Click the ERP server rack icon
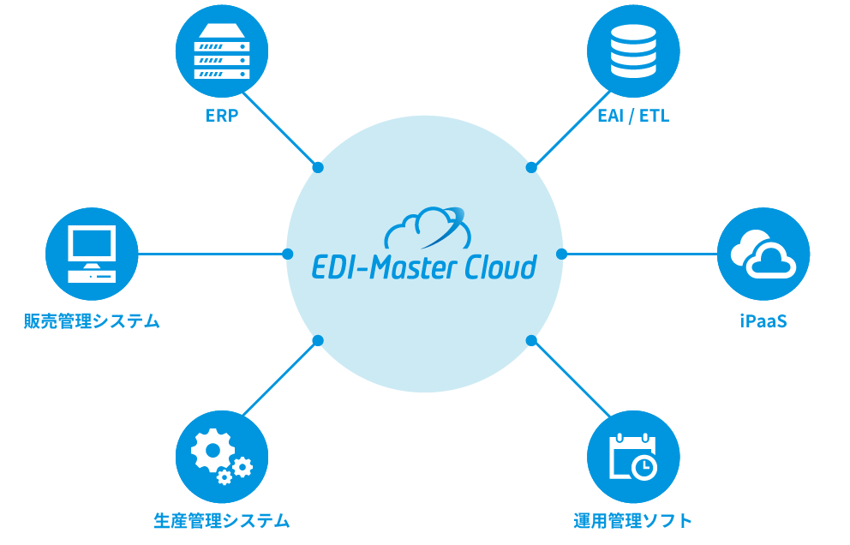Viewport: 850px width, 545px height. pos(222,52)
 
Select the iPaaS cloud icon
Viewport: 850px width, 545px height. pos(763,254)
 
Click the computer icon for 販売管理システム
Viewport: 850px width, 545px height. pos(92,254)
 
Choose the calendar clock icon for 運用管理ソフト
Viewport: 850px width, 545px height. pos(633,455)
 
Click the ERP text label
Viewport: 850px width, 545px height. pos(222,115)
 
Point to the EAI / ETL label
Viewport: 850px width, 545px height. pos(633,115)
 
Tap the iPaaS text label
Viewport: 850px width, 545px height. pos(763,321)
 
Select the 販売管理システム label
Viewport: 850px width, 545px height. pos(92,321)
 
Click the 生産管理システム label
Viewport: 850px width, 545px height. pos(222,520)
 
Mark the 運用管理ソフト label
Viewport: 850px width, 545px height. pos(633,520)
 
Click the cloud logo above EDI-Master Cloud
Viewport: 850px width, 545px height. pos(426,227)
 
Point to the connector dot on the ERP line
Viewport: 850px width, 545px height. pos(318,167)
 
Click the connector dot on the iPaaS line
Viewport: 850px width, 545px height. pos(561,254)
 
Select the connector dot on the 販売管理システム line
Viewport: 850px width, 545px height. pos(288,254)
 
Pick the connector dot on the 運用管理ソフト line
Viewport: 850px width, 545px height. pos(531,340)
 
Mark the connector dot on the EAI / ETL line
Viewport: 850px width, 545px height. pos(531,167)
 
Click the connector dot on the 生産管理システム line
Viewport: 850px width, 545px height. pos(318,340)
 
